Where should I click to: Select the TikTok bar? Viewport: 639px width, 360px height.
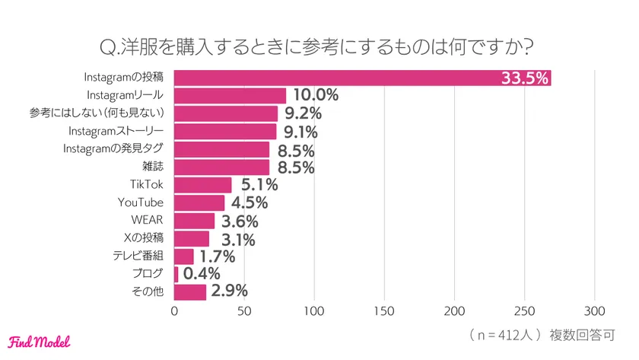coord(202,184)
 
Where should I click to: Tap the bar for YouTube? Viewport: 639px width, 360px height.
coord(199,202)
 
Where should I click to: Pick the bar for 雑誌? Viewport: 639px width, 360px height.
coord(221,167)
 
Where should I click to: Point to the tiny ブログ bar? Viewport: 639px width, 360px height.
coord(176,274)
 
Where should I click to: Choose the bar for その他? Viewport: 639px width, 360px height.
coord(190,292)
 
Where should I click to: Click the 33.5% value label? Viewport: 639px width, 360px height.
coord(524,78)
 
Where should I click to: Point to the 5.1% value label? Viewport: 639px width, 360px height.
coord(259,185)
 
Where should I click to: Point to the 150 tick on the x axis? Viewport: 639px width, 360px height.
coord(384,311)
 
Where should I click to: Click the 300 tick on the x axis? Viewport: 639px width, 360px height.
coord(594,311)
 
